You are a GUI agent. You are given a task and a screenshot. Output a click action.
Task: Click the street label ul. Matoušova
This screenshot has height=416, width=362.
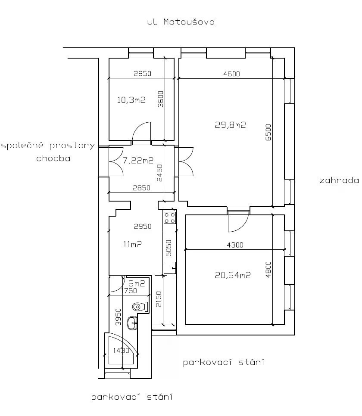[x=181, y=22]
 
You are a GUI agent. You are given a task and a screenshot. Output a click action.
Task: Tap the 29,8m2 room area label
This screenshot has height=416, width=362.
[x=230, y=125]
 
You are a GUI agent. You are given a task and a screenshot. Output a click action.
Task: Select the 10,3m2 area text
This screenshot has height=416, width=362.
[x=131, y=100]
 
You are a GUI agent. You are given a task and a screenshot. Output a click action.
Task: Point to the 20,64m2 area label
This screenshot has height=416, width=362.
[x=233, y=275]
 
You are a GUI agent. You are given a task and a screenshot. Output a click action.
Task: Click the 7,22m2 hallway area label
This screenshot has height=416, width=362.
[x=138, y=161]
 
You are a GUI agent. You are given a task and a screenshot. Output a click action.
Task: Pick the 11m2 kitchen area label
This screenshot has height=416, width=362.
[x=132, y=244]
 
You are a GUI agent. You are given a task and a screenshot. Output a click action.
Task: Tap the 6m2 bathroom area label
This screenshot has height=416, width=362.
[x=137, y=283]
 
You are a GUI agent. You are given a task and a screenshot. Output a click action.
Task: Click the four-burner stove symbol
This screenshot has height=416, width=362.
[x=170, y=217]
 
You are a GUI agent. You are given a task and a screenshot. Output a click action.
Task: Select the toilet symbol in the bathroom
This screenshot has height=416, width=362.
[x=140, y=307]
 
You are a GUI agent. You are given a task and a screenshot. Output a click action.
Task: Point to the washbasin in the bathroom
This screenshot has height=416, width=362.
[x=132, y=323]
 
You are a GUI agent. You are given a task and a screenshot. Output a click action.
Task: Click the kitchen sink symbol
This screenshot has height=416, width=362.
[x=170, y=267]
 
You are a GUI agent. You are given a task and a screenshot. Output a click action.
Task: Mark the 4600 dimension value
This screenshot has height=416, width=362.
[x=231, y=74]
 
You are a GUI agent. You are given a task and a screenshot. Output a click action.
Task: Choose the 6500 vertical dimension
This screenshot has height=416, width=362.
[x=268, y=132]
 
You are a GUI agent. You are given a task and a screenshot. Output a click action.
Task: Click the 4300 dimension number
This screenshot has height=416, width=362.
[x=235, y=245]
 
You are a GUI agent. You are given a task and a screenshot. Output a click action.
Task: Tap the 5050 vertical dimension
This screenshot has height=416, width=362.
[x=169, y=248]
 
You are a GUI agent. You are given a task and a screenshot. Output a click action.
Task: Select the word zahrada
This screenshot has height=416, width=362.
[x=339, y=181]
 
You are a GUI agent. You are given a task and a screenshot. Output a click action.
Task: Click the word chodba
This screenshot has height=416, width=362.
[x=53, y=158]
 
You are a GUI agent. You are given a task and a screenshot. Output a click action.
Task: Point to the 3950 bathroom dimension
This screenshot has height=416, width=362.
[x=119, y=317]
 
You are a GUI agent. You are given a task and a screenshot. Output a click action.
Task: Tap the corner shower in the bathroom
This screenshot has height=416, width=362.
[x=122, y=350]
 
